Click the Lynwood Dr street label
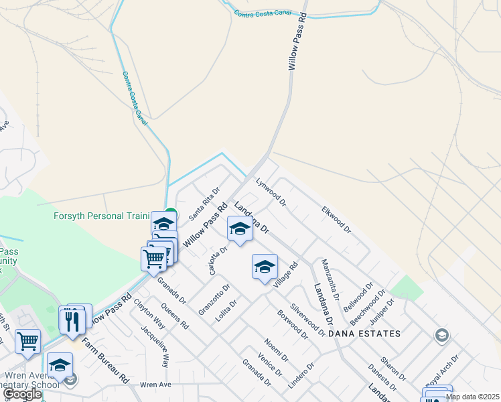pos(271,191)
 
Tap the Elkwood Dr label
pos(336,219)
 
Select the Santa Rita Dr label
pos(204,204)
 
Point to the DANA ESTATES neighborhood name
pos(368,334)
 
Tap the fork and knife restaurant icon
pos(72,322)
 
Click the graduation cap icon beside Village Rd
pos(265,267)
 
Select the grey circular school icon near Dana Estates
pos(441,334)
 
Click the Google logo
pos(21,395)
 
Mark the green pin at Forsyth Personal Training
pos(171,214)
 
